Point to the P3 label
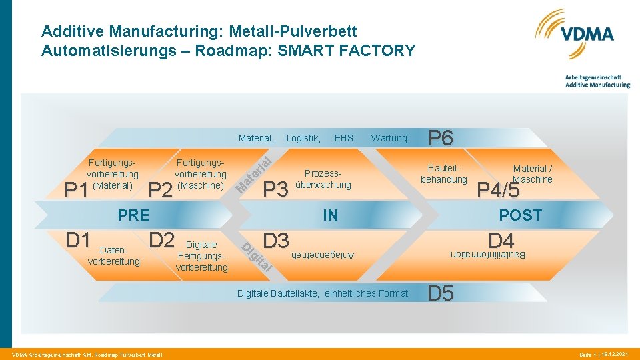point(276,190)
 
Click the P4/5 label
point(499,190)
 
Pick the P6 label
point(441,138)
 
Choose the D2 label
point(161,239)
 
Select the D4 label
point(501,239)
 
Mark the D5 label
point(441,293)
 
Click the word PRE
point(133,215)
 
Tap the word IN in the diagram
point(330,215)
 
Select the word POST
point(521,215)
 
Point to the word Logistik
point(303,138)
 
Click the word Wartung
point(389,138)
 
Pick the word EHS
point(345,138)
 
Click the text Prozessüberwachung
point(323,179)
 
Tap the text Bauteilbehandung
point(443,174)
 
